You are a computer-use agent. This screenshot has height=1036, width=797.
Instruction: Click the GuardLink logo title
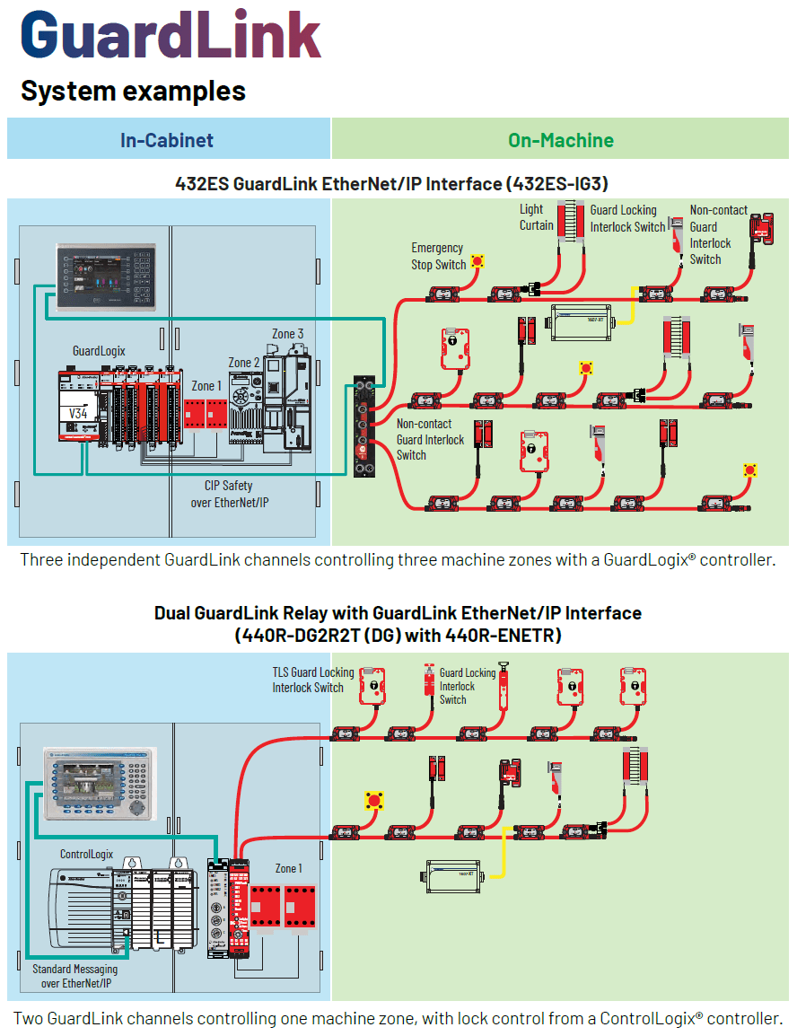(x=171, y=36)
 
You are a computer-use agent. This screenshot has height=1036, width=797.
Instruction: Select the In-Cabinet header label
(x=167, y=140)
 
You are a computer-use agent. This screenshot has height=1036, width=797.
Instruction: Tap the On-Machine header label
(x=561, y=140)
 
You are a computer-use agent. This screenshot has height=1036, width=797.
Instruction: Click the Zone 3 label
(x=288, y=334)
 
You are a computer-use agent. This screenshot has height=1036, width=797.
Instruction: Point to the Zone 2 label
(x=244, y=363)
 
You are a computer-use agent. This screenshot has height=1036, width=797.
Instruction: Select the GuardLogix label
(x=99, y=350)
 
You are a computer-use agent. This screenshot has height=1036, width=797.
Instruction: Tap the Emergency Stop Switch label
(x=438, y=256)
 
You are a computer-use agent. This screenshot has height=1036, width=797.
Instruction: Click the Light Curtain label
(x=536, y=217)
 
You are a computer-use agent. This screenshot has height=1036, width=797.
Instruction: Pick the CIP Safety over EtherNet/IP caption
(x=229, y=494)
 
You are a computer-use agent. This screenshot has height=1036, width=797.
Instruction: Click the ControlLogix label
(x=88, y=854)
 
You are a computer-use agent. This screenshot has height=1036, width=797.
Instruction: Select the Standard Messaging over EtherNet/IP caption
(x=74, y=976)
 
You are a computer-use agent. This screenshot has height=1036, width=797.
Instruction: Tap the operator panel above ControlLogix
(x=100, y=782)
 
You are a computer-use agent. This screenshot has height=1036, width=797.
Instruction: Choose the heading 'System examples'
(x=133, y=91)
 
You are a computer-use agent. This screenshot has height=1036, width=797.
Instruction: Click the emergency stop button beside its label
(x=478, y=262)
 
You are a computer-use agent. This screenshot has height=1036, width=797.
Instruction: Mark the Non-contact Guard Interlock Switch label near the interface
(x=431, y=439)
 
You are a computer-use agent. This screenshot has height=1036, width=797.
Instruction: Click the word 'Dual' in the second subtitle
(x=173, y=613)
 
